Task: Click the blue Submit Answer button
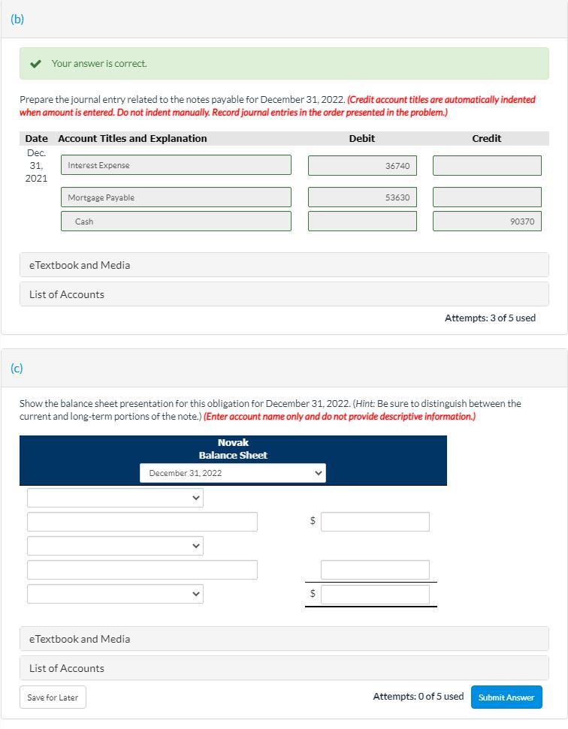click(506, 697)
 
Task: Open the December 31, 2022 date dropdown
click(233, 473)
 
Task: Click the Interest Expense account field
click(176, 165)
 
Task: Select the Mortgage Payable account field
click(176, 197)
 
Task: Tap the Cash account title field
click(176, 221)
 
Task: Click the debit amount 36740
click(362, 166)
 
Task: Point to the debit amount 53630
click(362, 197)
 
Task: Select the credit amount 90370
click(487, 221)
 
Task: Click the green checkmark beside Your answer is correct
click(35, 64)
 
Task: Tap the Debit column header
click(361, 138)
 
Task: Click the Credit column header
click(486, 138)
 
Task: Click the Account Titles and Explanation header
click(132, 138)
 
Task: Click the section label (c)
click(17, 368)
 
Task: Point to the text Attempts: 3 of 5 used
click(490, 318)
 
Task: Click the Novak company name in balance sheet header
click(233, 443)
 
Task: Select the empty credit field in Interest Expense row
click(487, 166)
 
